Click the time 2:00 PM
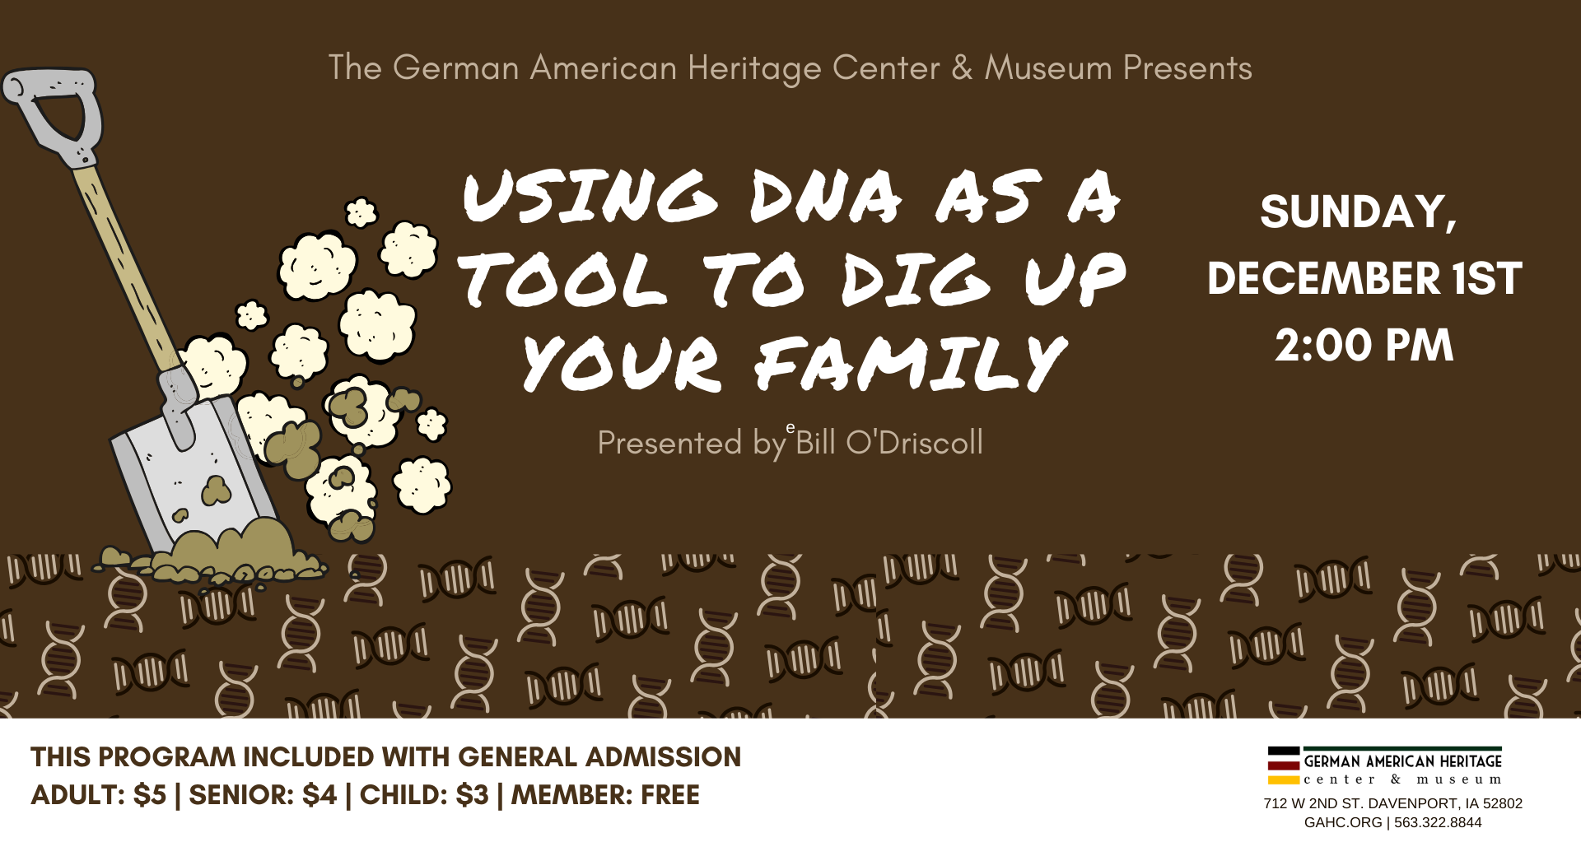point(1364,345)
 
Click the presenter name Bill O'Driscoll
point(889,443)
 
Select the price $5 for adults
point(150,795)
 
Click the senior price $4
point(319,795)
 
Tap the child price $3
point(472,795)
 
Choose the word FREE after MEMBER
point(670,795)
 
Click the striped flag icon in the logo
point(1284,765)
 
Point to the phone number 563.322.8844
point(1438,822)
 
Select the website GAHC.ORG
point(1343,822)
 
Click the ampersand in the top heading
point(962,68)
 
